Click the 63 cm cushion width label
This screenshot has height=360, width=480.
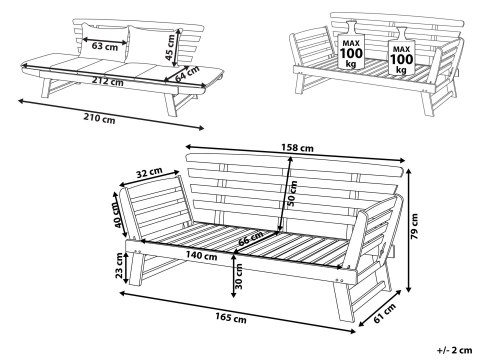point(105,46)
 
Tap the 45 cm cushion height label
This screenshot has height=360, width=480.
point(171,47)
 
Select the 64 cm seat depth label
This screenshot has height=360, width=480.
point(187,74)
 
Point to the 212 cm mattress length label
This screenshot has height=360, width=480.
point(108,81)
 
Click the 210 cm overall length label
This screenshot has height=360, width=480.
point(99,118)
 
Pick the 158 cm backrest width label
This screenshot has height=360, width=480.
point(297,147)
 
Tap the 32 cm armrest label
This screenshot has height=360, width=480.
point(149,173)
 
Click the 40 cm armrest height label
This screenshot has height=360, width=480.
point(119,215)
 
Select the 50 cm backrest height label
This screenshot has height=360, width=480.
point(292,193)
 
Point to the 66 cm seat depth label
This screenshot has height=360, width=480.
point(251,239)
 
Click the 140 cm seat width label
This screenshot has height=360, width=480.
point(201,256)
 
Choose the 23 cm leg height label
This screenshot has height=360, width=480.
point(119,266)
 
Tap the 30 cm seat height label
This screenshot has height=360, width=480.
point(239,276)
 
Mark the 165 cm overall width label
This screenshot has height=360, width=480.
point(231,318)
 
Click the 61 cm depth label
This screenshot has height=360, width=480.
point(385,313)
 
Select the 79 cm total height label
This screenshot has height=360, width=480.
point(414,226)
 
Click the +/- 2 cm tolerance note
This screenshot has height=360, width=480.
point(455,350)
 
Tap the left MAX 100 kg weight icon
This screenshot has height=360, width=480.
point(351,45)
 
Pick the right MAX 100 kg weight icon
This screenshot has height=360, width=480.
point(401,51)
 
